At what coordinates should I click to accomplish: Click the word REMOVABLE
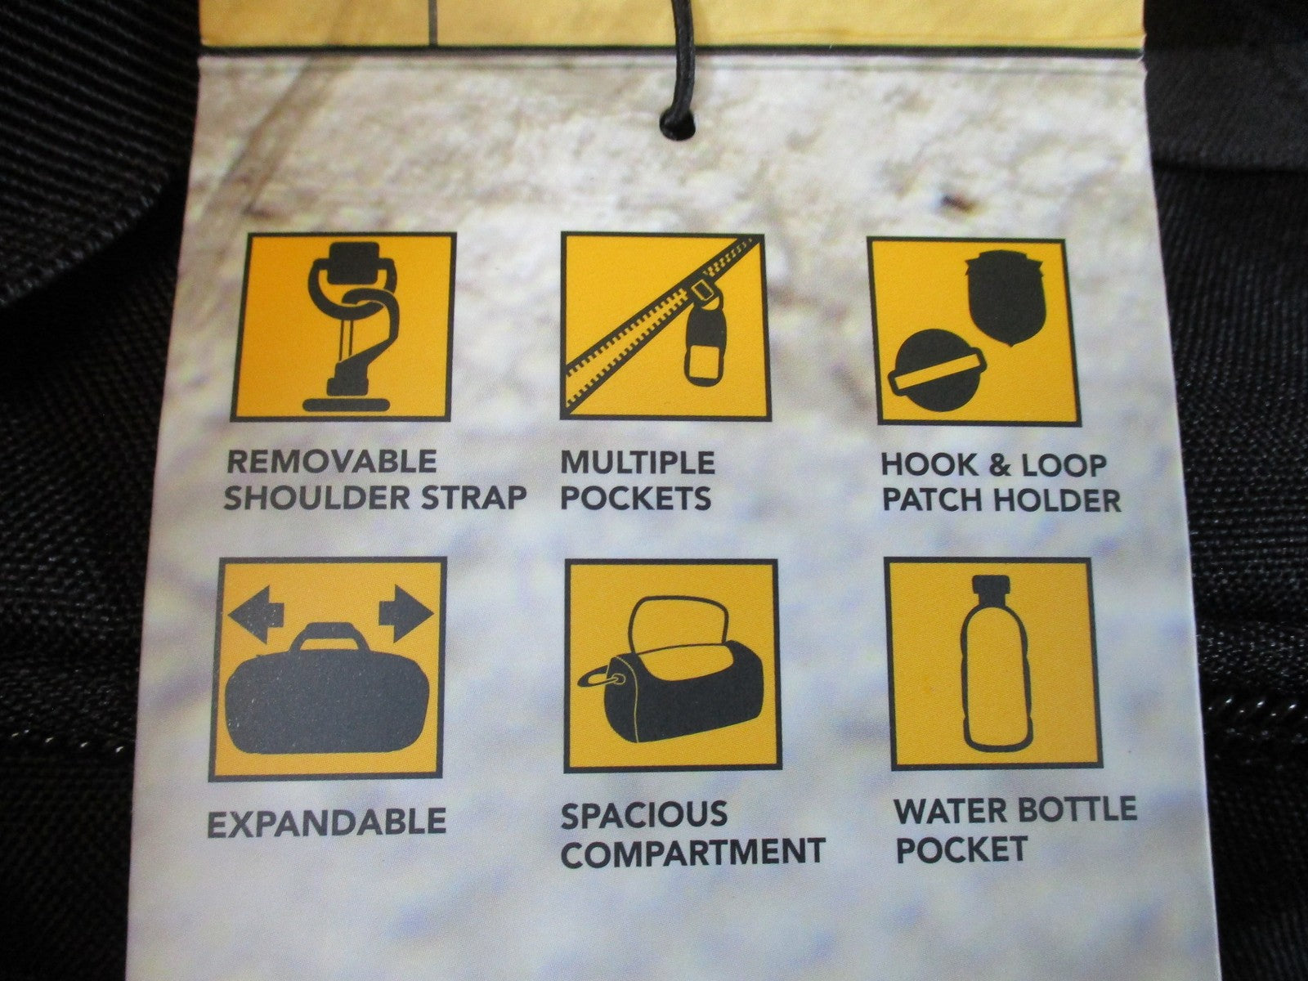[331, 462]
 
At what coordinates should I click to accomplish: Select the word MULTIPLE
[638, 463]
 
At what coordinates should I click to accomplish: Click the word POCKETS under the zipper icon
[636, 499]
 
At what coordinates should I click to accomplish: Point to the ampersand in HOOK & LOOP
[998, 465]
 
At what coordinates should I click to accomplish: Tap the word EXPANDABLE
[326, 822]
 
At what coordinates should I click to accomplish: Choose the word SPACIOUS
[644, 815]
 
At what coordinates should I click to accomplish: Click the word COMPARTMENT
[692, 853]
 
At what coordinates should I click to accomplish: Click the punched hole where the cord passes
[678, 126]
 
